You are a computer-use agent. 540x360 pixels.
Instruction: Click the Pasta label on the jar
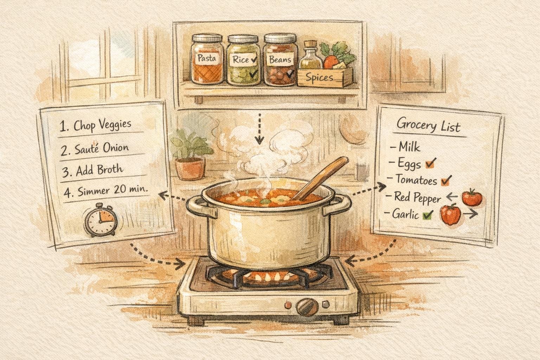click(x=207, y=58)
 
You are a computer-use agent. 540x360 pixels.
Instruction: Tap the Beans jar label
click(x=280, y=59)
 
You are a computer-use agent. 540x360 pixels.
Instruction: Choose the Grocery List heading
click(x=428, y=126)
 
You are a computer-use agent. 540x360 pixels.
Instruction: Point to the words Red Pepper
click(x=417, y=198)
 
